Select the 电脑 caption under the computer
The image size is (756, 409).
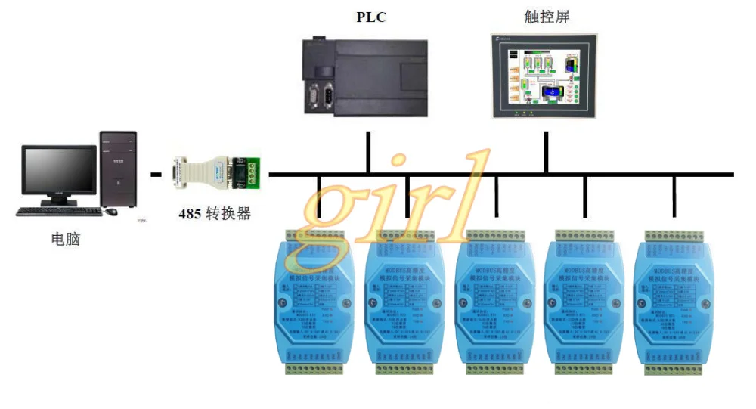(65, 240)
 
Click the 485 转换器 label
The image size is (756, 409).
(214, 213)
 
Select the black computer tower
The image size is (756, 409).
(118, 169)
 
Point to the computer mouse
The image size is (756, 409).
(111, 212)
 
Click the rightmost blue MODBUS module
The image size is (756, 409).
(674, 302)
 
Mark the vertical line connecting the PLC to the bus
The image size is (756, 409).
(368, 152)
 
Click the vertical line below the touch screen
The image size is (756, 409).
(546, 152)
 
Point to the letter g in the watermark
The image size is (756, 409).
(324, 203)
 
